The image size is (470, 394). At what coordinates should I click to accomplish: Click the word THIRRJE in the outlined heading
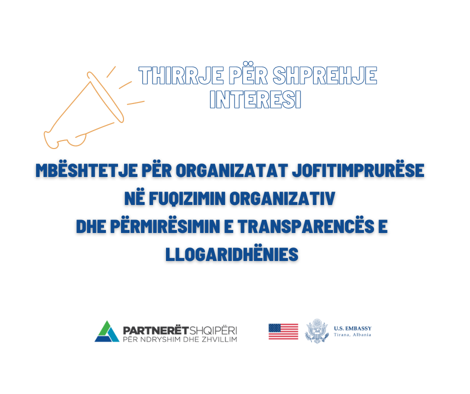[181, 75]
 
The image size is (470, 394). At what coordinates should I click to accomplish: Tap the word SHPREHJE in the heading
[324, 75]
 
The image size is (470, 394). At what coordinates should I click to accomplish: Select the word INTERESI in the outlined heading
[255, 99]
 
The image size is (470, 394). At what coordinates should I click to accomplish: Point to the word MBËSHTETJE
[86, 170]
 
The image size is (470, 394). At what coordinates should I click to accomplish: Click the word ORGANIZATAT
[231, 170]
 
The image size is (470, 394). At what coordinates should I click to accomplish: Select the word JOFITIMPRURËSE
[358, 170]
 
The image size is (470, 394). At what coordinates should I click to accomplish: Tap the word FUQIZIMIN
[187, 198]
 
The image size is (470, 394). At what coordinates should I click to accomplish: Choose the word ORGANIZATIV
[282, 198]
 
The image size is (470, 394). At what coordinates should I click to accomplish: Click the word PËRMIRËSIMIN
[165, 226]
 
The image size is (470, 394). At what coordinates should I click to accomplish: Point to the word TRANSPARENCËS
[306, 226]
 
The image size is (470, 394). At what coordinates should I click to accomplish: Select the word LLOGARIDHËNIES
[231, 254]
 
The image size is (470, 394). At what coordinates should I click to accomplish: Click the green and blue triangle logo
[107, 331]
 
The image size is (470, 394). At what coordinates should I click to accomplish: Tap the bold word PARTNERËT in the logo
[156, 330]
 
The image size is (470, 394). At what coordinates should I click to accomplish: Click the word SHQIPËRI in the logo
[213, 330]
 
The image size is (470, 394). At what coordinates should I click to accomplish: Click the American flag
[283, 331]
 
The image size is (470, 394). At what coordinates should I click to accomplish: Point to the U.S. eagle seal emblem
[317, 331]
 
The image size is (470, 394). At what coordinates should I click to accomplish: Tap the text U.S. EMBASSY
[352, 328]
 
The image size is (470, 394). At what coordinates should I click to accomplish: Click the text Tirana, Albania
[352, 335]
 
